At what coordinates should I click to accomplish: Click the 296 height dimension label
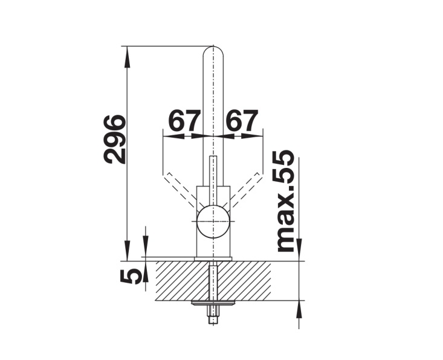(x=114, y=139)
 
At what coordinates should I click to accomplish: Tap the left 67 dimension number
(x=184, y=121)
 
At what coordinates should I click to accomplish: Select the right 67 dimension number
(x=243, y=121)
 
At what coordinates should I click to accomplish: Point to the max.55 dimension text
(x=285, y=201)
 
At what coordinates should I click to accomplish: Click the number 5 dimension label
(x=130, y=277)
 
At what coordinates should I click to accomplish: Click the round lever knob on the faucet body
(x=213, y=222)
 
